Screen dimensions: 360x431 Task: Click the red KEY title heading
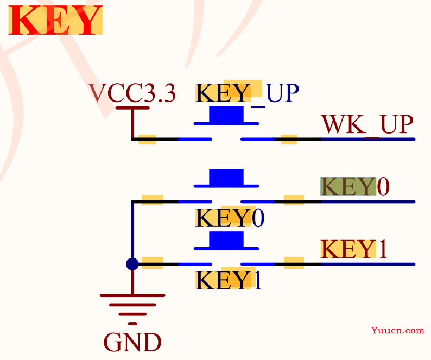click(x=55, y=21)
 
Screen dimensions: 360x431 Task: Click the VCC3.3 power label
click(x=132, y=93)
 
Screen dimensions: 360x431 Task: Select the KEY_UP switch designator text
click(x=247, y=93)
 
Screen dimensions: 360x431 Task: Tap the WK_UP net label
click(x=367, y=124)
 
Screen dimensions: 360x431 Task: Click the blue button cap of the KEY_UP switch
click(x=226, y=115)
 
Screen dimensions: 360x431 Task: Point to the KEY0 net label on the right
click(x=355, y=187)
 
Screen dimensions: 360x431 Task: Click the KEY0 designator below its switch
click(x=230, y=218)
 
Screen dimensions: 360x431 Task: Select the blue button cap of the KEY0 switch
click(x=226, y=177)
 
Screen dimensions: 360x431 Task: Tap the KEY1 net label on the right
click(x=354, y=249)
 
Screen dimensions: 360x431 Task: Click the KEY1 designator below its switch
click(x=229, y=280)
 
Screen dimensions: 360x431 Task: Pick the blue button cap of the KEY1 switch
click(x=226, y=239)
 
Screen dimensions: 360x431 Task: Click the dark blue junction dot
click(x=132, y=264)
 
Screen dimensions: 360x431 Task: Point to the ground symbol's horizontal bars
click(x=132, y=305)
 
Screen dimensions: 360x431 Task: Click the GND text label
click(x=132, y=343)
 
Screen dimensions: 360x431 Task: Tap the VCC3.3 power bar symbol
click(x=132, y=109)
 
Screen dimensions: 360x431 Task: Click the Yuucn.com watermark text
click(x=398, y=330)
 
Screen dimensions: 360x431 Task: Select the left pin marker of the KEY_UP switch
click(x=147, y=139)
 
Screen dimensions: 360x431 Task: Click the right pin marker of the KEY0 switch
click(x=294, y=201)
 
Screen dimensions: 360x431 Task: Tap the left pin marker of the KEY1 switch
click(x=152, y=263)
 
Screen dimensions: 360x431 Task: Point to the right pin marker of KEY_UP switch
click(x=289, y=139)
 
